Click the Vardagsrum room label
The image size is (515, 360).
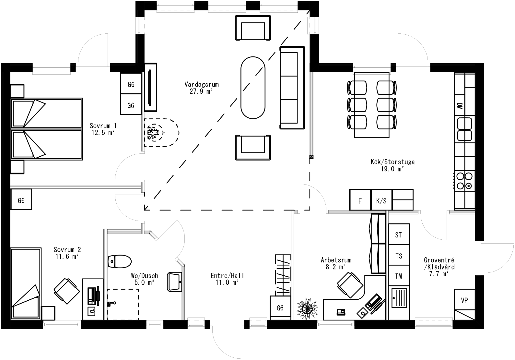(202, 85)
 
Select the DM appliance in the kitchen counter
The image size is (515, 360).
(459, 106)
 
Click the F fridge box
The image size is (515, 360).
(360, 200)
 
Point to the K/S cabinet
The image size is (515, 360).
(381, 200)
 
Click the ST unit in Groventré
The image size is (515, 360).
(399, 234)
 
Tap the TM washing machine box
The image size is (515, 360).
(399, 276)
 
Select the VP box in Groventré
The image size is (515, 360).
(464, 300)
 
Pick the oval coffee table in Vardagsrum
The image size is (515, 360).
(252, 88)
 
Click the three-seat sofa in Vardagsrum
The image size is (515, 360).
(292, 88)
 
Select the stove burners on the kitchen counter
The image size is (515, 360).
(464, 181)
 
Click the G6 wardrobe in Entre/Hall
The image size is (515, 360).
(280, 308)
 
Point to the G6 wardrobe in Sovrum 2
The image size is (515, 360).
(21, 200)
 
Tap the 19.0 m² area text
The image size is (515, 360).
(392, 169)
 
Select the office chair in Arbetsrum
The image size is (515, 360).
(350, 285)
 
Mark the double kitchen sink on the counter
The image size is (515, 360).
(464, 129)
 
